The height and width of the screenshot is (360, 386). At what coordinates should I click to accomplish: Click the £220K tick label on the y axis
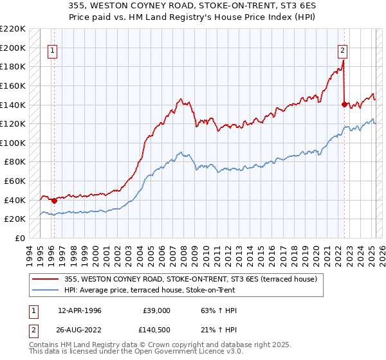[14, 29]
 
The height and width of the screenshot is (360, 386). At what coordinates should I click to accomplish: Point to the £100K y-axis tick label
[14, 143]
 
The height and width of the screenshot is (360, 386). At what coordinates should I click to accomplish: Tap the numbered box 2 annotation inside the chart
[343, 50]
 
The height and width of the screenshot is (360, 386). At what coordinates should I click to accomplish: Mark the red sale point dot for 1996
[54, 201]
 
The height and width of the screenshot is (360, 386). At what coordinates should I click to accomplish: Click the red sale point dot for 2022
[345, 104]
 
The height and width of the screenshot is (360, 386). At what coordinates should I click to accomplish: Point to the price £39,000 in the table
[156, 310]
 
